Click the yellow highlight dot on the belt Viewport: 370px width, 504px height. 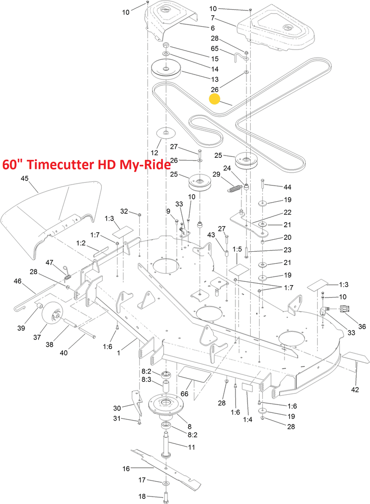215,100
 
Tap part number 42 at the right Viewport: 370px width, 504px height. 355,390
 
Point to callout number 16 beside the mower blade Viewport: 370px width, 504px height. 126,468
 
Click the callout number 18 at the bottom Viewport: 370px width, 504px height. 142,496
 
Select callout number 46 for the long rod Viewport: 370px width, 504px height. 18,280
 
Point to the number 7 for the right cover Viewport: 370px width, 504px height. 213,18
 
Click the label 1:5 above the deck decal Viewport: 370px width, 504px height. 237,249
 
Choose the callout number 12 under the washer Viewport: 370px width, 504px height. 154,152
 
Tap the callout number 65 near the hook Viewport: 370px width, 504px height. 214,48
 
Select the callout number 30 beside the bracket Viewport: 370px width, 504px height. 117,408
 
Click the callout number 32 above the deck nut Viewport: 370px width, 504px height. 123,211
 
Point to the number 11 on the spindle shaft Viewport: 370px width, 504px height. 191,447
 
